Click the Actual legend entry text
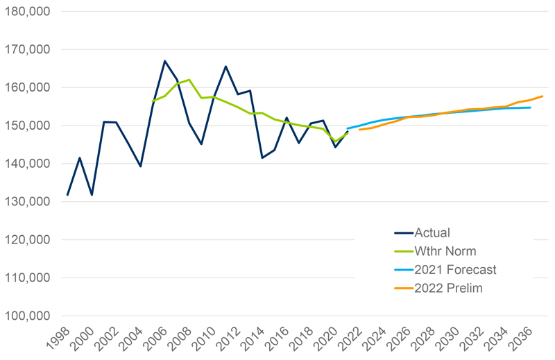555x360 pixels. coord(433,233)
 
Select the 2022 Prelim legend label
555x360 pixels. coord(450,288)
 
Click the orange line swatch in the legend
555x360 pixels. coord(404,288)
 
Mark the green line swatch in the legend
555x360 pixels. coord(404,251)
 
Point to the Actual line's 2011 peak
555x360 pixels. coord(225,67)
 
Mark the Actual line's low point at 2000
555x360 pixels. coord(92,195)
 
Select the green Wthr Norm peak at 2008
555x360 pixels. coord(189,80)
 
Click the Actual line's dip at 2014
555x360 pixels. coord(262,157)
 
